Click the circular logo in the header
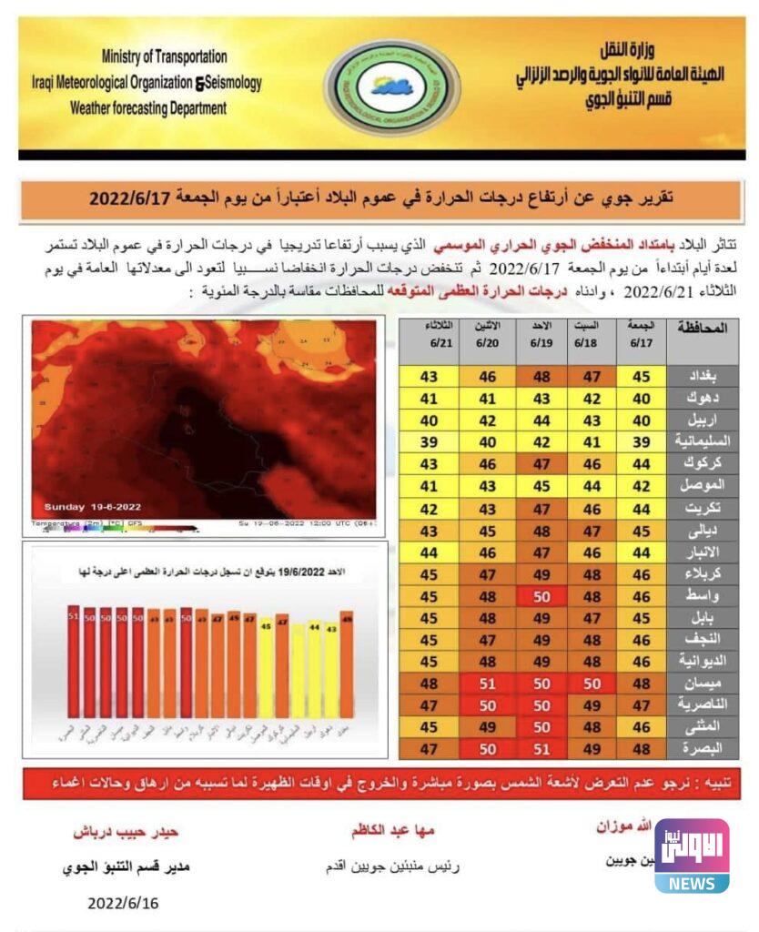click(x=380, y=86)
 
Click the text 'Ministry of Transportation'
click(x=165, y=56)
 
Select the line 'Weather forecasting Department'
click(x=148, y=108)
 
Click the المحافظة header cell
click(x=703, y=329)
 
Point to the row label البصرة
click(x=703, y=747)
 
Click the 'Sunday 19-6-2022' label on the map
click(x=93, y=506)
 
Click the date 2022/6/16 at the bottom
click(x=123, y=904)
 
